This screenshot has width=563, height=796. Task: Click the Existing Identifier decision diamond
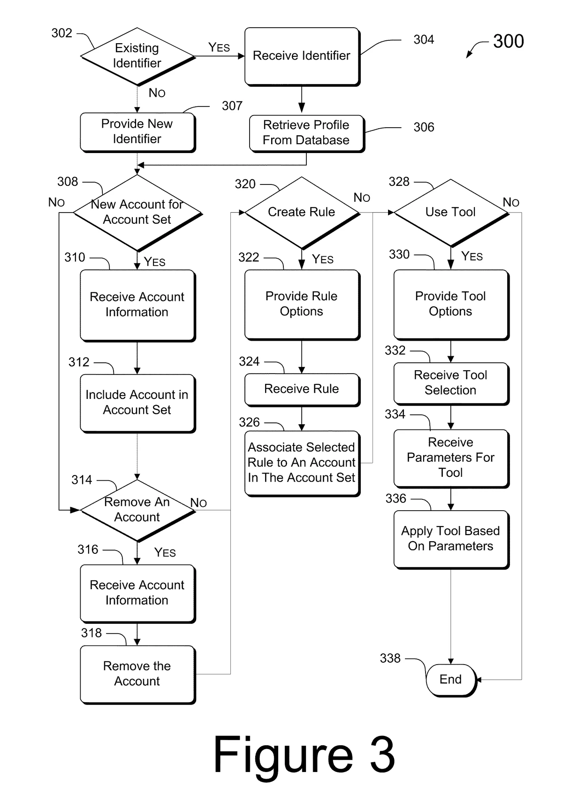click(137, 56)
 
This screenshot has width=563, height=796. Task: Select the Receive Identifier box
click(302, 56)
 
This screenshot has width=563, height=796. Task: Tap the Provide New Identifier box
click(137, 132)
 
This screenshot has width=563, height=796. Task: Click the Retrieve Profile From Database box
click(306, 133)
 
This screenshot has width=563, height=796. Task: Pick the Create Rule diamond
click(302, 212)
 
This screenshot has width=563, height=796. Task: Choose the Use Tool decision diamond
click(450, 212)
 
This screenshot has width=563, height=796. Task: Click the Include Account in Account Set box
click(137, 402)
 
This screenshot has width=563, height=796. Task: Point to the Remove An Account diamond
click(137, 510)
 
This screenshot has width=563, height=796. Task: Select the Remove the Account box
click(137, 674)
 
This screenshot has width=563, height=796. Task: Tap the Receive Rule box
click(302, 389)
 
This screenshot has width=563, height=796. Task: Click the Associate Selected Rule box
click(302, 462)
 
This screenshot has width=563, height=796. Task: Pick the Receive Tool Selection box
click(450, 383)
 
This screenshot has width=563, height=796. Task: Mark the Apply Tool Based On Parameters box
click(450, 539)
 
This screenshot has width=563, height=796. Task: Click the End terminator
click(450, 679)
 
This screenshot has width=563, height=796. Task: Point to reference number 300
click(508, 41)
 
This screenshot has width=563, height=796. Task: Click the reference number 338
click(390, 658)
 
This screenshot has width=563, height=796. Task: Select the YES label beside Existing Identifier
click(219, 47)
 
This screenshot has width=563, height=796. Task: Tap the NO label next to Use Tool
click(511, 202)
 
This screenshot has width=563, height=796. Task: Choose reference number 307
click(232, 106)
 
